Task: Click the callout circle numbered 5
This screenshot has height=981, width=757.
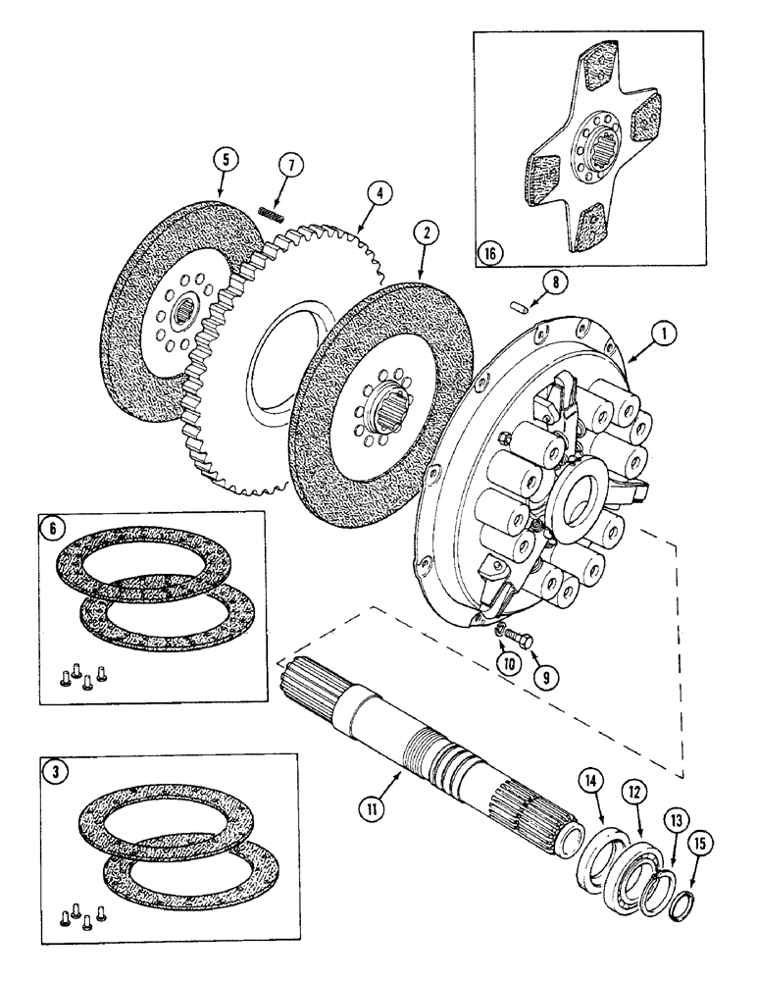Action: coord(224,157)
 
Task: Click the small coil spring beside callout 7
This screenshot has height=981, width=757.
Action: coord(271,212)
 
